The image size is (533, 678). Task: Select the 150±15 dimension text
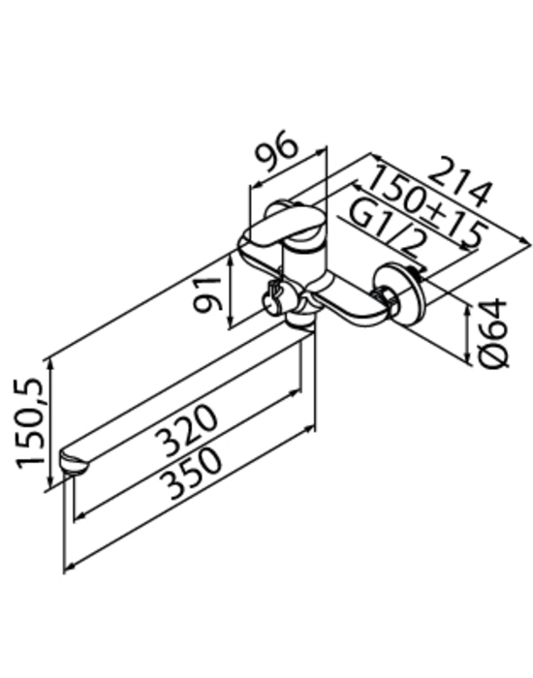click(427, 209)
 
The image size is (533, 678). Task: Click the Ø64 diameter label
click(493, 333)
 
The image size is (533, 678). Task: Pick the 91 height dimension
click(208, 294)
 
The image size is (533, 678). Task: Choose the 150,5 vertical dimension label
click(30, 424)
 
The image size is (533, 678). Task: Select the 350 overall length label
click(191, 473)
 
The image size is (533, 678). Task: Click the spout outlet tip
click(75, 463)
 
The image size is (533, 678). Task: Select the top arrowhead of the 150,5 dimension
click(51, 363)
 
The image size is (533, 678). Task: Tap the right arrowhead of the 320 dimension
click(296, 391)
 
